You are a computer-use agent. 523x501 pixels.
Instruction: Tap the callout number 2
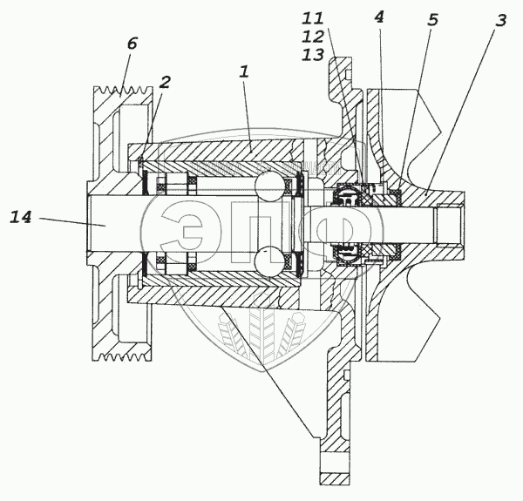(x=165, y=83)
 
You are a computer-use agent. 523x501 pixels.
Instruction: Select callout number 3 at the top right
(x=499, y=22)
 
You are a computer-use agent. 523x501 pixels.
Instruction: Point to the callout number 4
(x=378, y=17)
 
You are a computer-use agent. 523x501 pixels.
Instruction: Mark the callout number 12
(x=312, y=36)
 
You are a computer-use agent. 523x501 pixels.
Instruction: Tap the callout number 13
(x=312, y=54)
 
